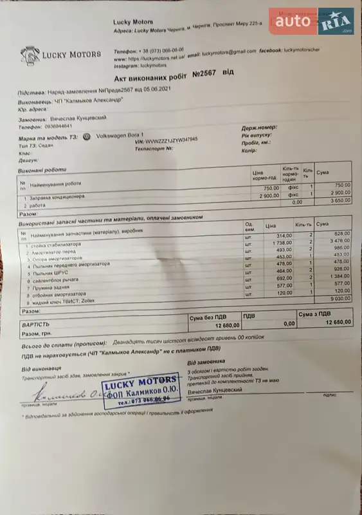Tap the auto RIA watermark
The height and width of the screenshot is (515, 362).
[312, 23]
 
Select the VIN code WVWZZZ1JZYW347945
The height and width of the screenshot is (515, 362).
[172, 139]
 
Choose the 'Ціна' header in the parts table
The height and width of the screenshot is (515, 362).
[270, 227]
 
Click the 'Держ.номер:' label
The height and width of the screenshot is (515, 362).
[259, 127]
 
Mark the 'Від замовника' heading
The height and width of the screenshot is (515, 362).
[206, 362]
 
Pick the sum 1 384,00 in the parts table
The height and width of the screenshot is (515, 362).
[337, 275]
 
